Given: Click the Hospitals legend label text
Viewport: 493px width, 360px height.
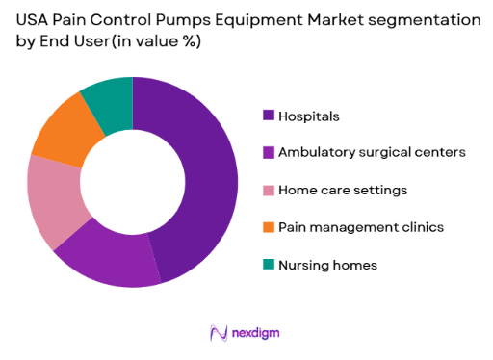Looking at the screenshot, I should (308, 116).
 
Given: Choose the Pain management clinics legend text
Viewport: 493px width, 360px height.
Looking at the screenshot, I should (360, 226).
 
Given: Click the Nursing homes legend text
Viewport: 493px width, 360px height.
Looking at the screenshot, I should (326, 264).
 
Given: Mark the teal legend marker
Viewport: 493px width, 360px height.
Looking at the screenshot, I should (269, 264).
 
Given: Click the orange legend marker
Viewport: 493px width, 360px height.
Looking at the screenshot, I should (269, 226).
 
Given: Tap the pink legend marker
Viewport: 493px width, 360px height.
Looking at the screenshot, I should (269, 190).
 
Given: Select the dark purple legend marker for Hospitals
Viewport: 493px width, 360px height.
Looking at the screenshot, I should (269, 116).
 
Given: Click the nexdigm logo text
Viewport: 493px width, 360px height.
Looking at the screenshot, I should (257, 333).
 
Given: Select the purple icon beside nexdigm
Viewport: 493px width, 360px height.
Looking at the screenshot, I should (219, 333).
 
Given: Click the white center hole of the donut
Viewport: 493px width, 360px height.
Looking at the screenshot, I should (133, 181).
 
